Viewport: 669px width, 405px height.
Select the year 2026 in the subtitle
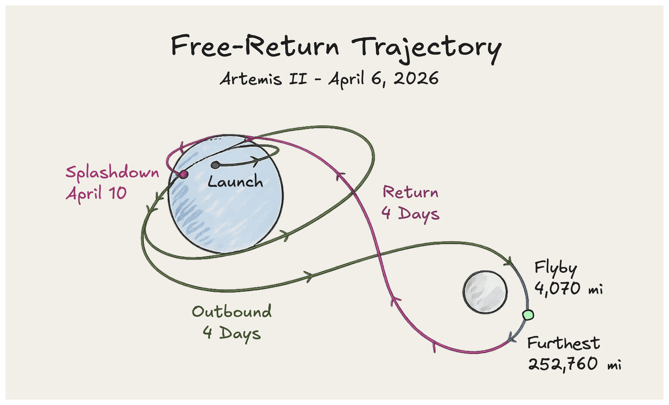416,79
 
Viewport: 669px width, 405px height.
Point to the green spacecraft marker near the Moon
528,315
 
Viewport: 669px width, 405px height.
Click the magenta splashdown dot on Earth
183,174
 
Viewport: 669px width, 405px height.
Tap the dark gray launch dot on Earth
215,165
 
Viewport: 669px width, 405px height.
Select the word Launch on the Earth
235,182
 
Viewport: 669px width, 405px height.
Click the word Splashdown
112,172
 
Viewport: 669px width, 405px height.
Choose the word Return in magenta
410,193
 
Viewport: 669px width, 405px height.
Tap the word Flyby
555,268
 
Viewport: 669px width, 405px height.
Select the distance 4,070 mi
568,289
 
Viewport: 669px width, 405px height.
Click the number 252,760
563,364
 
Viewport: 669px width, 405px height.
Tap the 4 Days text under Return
410,214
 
